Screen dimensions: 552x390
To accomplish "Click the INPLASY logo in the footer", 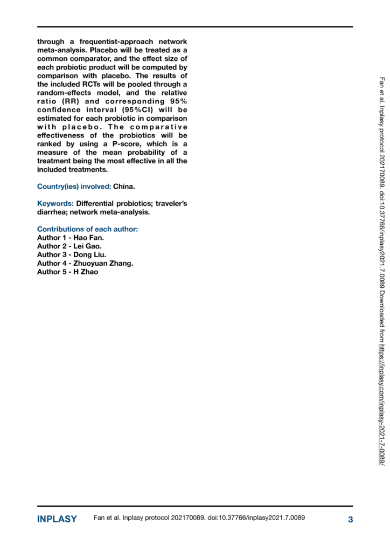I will [57, 519].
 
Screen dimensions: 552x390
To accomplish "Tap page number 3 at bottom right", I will [350, 519].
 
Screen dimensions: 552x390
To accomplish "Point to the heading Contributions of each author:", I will [87, 229].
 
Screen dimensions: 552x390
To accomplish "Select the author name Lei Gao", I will [92, 246].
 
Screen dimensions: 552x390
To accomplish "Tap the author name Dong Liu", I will [93, 255].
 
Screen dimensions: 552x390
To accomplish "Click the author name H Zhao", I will [86, 272].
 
